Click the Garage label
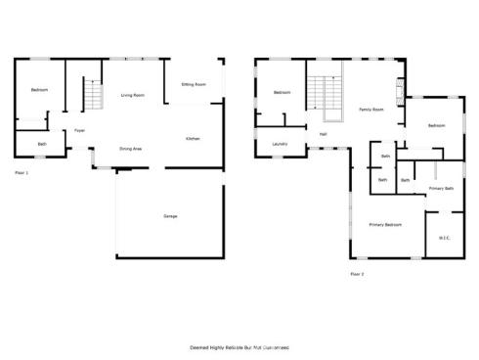[170, 215]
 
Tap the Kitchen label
[193, 139]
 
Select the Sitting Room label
[194, 85]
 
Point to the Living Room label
[133, 95]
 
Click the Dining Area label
[131, 149]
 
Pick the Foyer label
[79, 131]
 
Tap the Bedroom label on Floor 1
[40, 90]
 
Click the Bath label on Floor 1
[42, 144]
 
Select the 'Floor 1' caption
[22, 172]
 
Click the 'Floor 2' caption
[357, 274]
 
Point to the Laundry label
[279, 144]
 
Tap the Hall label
[323, 134]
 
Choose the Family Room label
[370, 110]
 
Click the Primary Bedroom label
[385, 225]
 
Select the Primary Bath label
[441, 188]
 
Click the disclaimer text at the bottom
[239, 347]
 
